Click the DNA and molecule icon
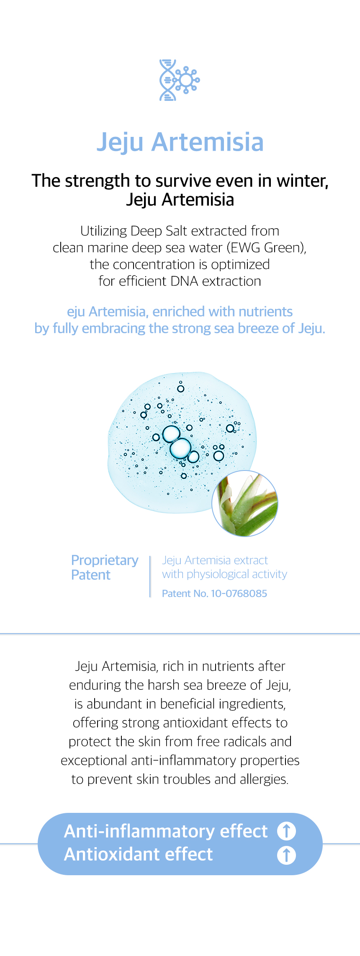(180, 80)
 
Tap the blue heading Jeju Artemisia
(180, 142)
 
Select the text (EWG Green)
(267, 248)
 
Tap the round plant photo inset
(245, 503)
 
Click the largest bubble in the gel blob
(180, 448)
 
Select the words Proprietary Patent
(105, 568)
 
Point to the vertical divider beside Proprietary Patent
(150, 576)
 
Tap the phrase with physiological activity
(224, 574)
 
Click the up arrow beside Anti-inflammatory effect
(287, 831)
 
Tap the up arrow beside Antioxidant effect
(287, 856)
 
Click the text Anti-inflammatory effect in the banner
(166, 831)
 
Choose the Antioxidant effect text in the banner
(139, 855)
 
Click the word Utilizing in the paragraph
(104, 231)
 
